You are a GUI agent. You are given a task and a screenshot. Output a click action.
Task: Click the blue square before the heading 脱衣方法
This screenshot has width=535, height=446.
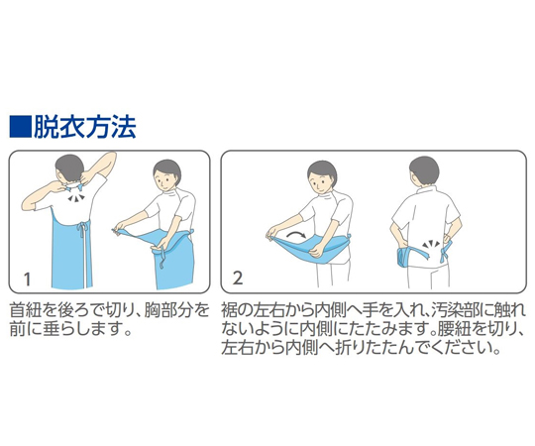20,127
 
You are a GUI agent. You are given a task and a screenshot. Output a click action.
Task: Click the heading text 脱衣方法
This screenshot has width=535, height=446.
84,127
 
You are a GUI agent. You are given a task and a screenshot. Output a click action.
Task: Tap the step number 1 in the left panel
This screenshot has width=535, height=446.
27,279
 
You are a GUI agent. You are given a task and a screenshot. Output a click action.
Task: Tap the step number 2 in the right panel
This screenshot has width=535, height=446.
238,279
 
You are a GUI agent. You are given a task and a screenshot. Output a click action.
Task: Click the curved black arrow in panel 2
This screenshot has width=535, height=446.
295,235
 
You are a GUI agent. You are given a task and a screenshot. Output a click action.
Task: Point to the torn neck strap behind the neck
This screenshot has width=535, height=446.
74,187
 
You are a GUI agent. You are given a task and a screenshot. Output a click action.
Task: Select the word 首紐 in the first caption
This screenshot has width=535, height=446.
26,310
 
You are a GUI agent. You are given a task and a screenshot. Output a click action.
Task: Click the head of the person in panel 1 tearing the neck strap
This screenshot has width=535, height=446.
69,168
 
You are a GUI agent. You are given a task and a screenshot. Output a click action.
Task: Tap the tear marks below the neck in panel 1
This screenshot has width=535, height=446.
75,197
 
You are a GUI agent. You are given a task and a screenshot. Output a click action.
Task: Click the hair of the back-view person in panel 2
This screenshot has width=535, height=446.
425,168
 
